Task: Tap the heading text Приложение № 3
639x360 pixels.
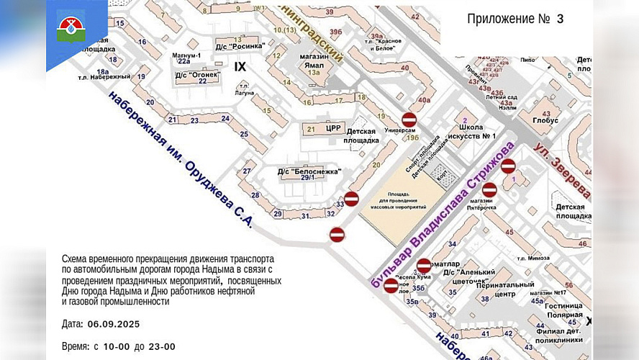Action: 515,19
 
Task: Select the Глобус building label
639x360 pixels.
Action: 552,122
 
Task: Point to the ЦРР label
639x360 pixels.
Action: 332,128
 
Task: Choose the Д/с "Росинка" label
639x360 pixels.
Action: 240,45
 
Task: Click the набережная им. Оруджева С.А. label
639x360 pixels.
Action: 180,159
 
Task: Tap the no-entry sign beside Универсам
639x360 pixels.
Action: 409,120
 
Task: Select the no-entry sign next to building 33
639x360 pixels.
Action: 351,199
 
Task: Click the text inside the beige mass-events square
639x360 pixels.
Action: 408,202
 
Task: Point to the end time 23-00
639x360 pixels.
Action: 159,346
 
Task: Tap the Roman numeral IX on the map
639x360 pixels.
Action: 240,66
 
